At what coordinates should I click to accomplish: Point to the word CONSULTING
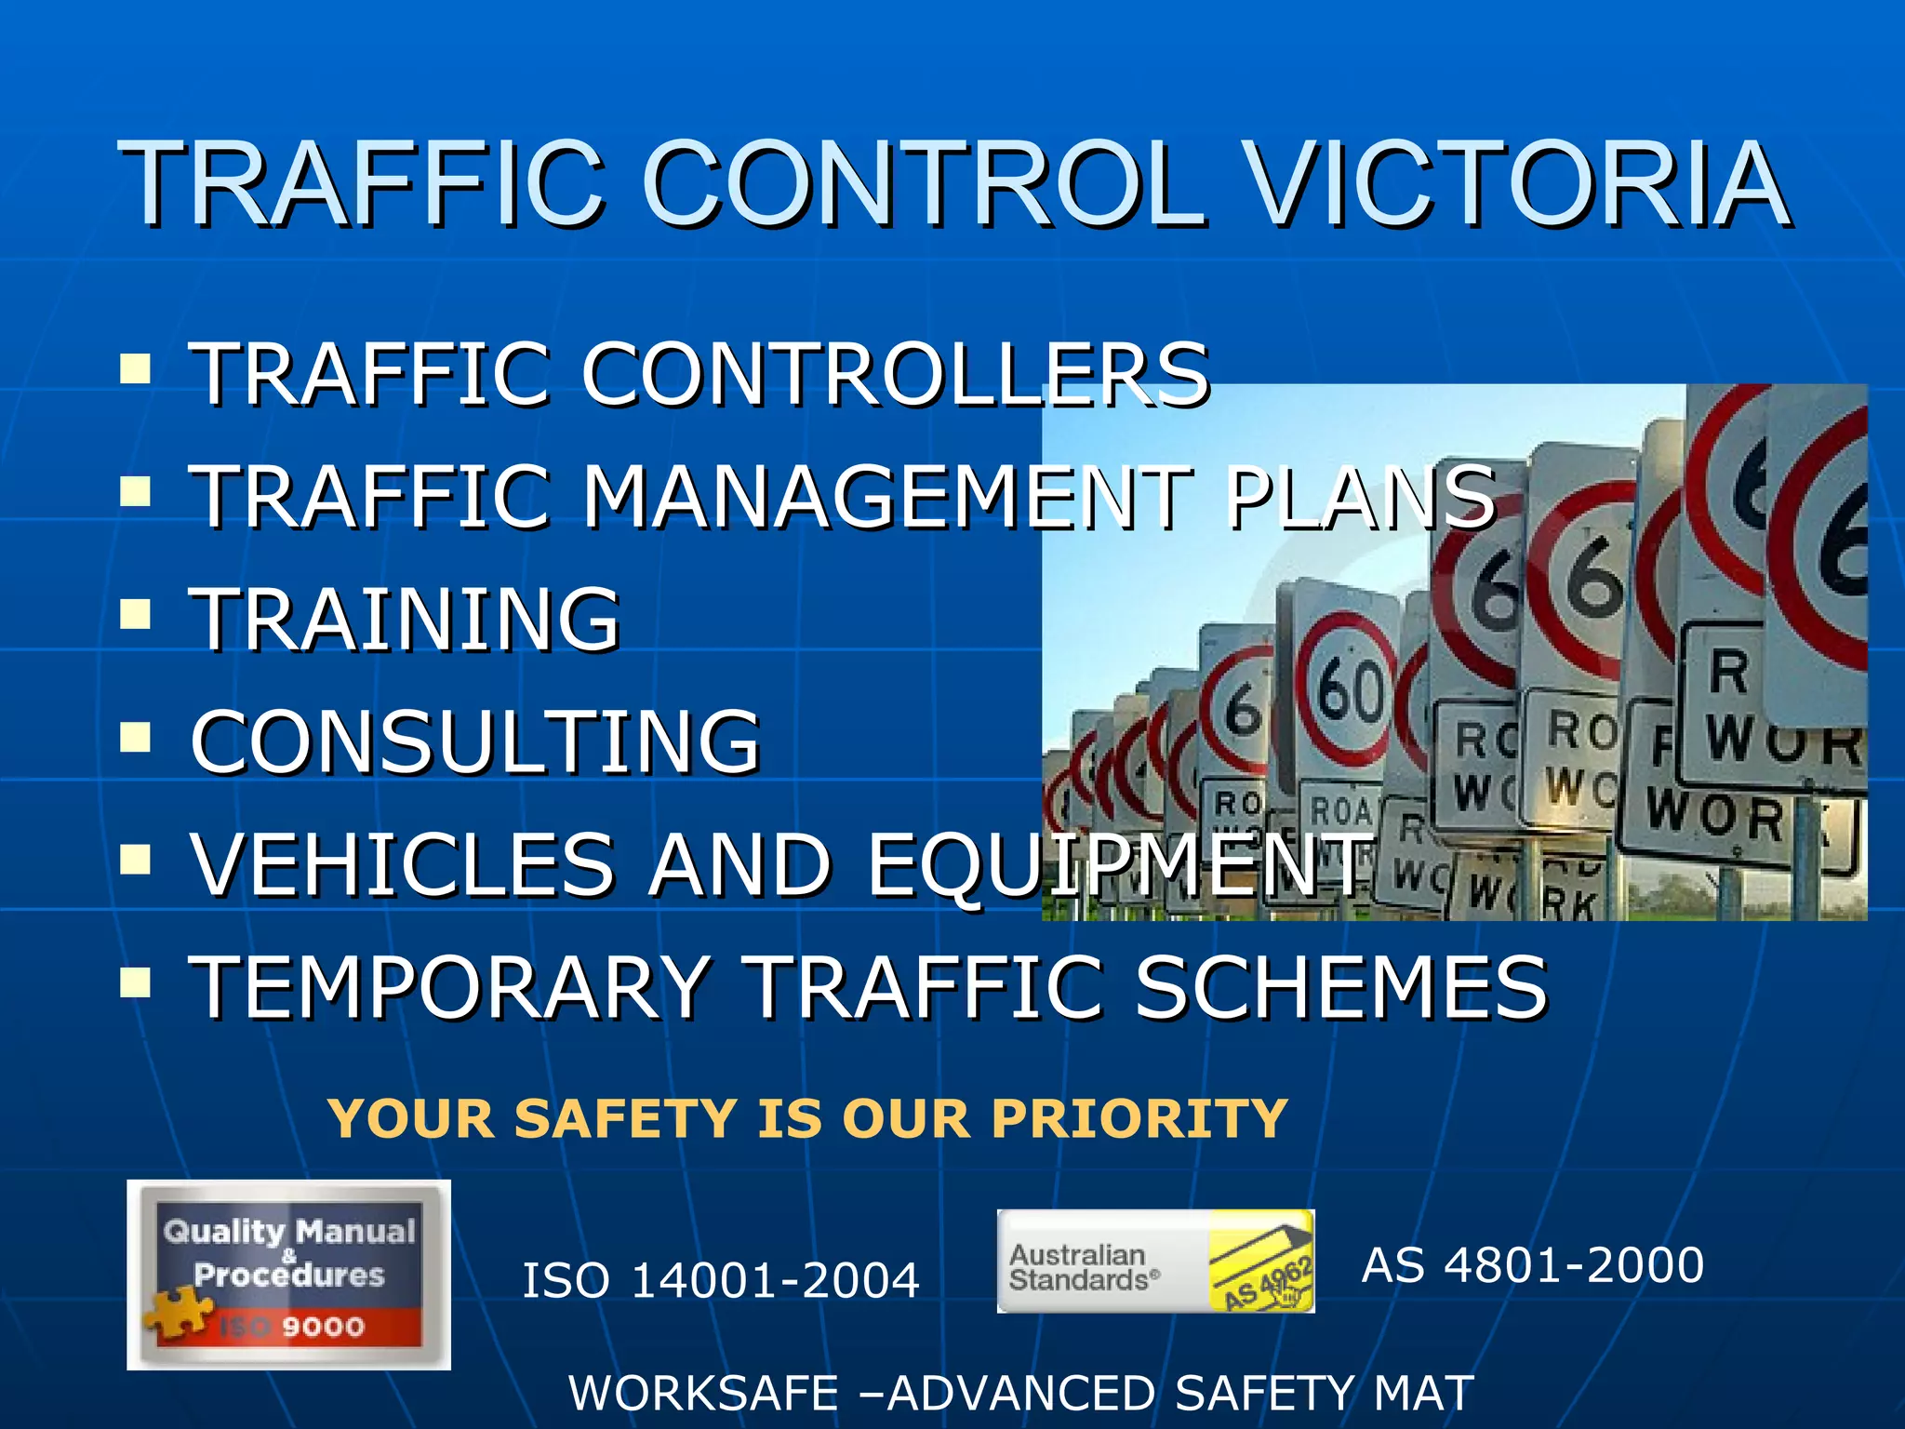pos(475,741)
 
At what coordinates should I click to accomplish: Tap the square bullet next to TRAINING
pos(136,614)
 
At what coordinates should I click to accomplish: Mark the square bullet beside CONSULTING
pos(136,737)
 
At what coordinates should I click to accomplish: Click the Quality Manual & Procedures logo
pos(288,1275)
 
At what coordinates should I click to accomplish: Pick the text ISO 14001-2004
pos(720,1280)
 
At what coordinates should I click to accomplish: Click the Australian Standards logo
pos(1155,1262)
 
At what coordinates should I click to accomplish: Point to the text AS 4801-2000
pos(1532,1265)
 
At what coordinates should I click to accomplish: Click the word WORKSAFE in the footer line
pos(703,1394)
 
